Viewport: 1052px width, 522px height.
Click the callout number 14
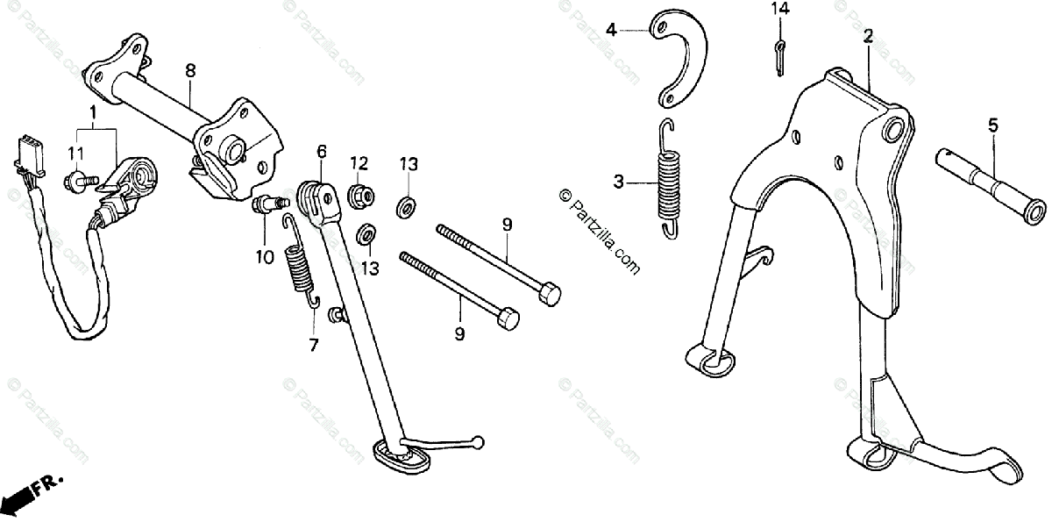tap(780, 10)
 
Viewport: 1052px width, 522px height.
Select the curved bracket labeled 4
tap(683, 58)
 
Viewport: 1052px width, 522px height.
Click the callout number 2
tap(868, 36)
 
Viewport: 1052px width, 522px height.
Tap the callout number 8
tap(190, 69)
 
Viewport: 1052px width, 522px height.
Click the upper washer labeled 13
tap(406, 207)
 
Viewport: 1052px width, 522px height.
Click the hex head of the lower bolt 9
tap(508, 317)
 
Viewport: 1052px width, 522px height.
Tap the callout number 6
tap(322, 151)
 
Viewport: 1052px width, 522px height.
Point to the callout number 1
tap(92, 111)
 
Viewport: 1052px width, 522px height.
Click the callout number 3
tap(619, 182)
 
